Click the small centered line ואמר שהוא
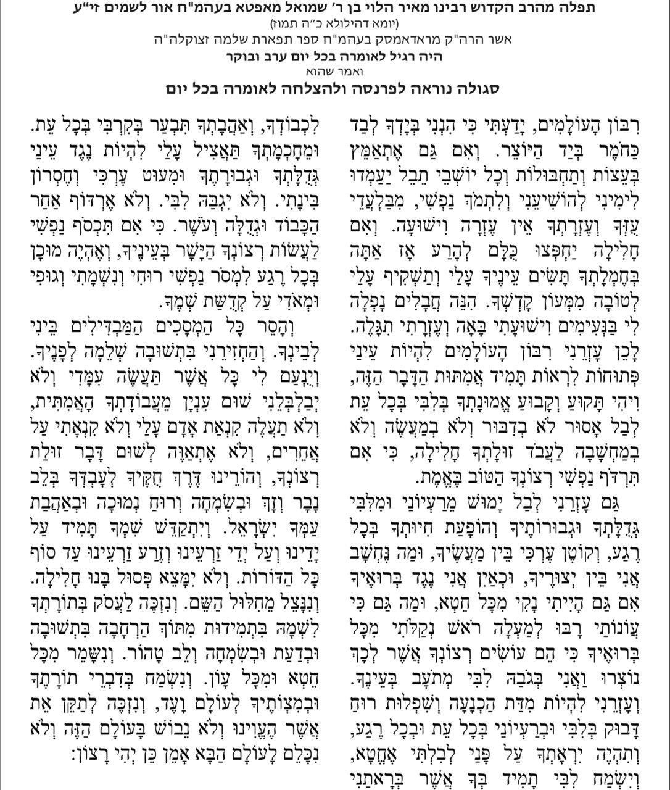(x=335, y=72)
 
